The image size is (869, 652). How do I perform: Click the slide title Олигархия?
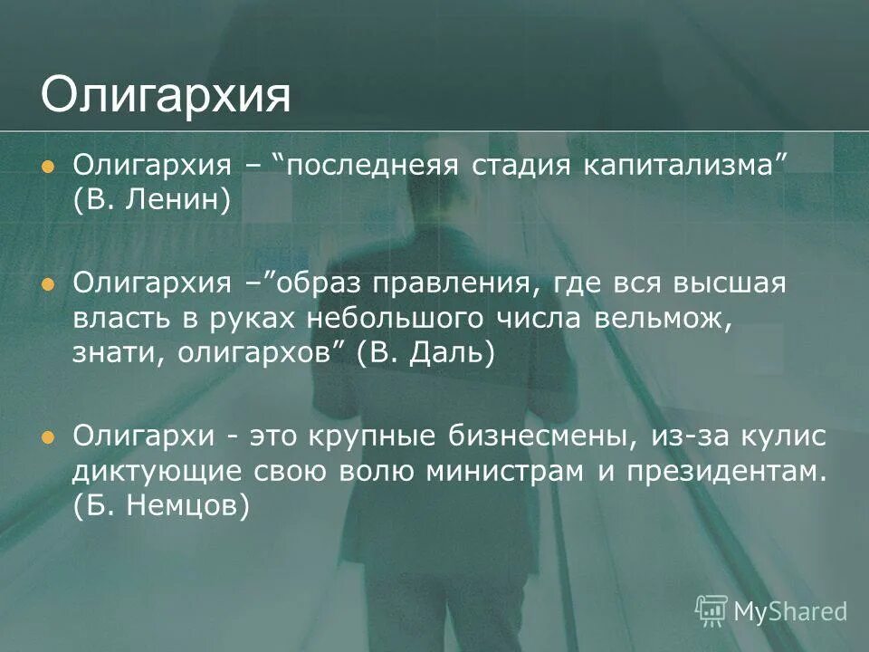point(166,96)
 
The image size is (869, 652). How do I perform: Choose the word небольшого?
point(400,319)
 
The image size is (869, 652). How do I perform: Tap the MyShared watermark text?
point(789,610)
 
